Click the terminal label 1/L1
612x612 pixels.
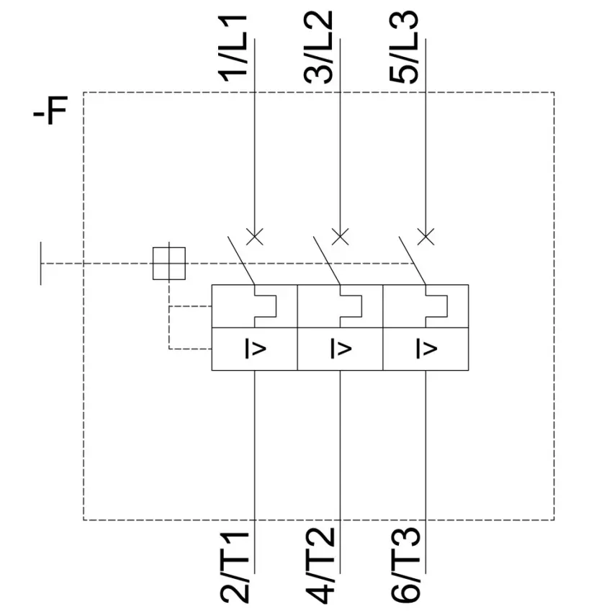(233, 48)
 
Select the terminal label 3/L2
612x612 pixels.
(318, 48)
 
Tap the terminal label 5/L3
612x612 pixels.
(404, 48)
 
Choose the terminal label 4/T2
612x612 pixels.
(320, 565)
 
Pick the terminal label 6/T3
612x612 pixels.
(405, 565)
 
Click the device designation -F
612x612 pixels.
(50, 110)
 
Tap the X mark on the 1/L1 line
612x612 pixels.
(255, 237)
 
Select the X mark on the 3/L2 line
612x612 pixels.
(340, 237)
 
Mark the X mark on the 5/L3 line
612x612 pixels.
(426, 237)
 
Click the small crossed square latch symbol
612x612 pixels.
(169, 264)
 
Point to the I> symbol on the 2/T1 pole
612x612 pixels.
(256, 348)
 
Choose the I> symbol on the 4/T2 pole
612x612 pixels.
(341, 348)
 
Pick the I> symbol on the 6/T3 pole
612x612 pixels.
(427, 348)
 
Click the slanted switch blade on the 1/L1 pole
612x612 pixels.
(241, 261)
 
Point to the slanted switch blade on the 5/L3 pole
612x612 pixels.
(412, 261)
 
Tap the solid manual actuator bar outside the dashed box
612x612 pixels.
(41, 264)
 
